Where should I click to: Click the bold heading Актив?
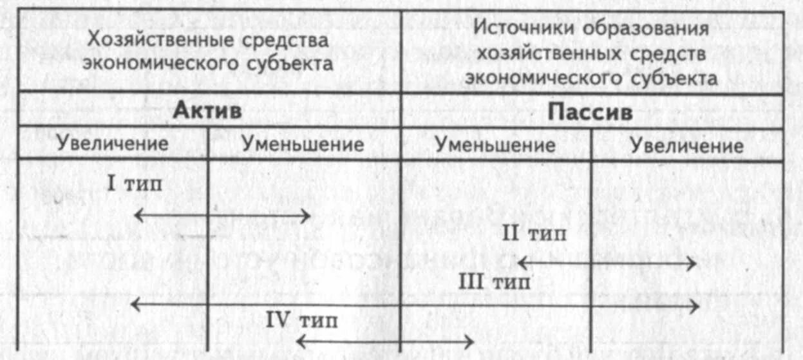pyautogui.click(x=207, y=111)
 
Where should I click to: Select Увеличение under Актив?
pyautogui.click(x=112, y=144)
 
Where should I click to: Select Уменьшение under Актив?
pyautogui.click(x=303, y=144)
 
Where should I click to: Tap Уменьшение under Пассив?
pyautogui.click(x=495, y=145)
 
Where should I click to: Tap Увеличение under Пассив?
pyautogui.click(x=686, y=146)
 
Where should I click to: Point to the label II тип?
pyautogui.click(x=534, y=233)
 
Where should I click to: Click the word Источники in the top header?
pyautogui.click(x=522, y=29)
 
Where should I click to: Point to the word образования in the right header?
pyautogui.click(x=647, y=29)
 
